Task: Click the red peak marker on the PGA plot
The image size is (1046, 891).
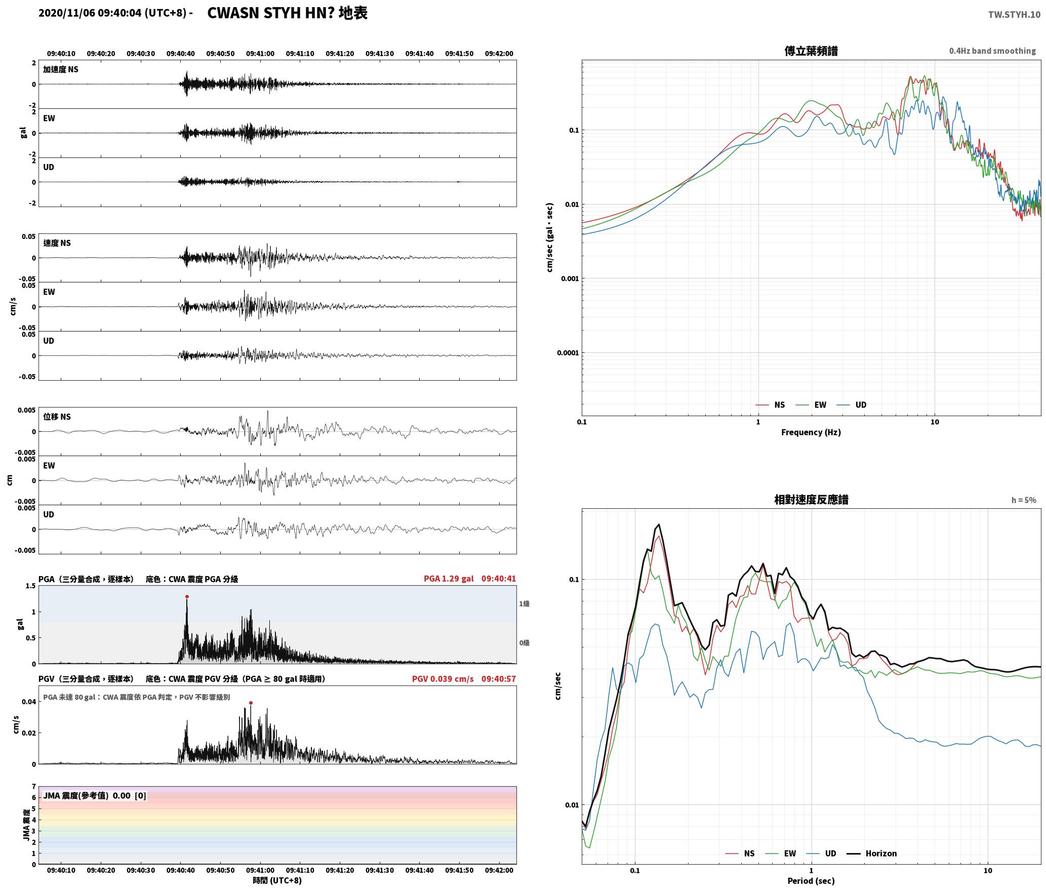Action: click(x=187, y=596)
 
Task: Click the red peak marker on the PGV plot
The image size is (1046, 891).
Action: click(x=251, y=703)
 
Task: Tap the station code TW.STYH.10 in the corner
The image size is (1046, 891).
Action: click(x=1014, y=15)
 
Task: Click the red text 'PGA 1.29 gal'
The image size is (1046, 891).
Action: click(x=449, y=579)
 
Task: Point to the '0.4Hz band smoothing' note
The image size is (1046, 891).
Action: click(x=992, y=51)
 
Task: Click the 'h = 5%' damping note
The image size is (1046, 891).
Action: click(x=1024, y=500)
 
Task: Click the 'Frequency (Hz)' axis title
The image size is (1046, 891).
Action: click(x=811, y=432)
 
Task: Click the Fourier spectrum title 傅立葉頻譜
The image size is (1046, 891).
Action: click(x=811, y=51)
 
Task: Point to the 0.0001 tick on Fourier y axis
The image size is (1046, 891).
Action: click(x=568, y=353)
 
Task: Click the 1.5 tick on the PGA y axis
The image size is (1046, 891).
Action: click(x=30, y=586)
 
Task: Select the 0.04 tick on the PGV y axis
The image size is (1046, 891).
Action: click(x=28, y=702)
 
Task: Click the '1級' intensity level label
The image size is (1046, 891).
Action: click(x=524, y=603)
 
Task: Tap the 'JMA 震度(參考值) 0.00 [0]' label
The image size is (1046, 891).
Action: click(x=95, y=796)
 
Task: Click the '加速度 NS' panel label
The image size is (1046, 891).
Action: click(x=61, y=69)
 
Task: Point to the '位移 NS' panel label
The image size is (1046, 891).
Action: click(x=57, y=417)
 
